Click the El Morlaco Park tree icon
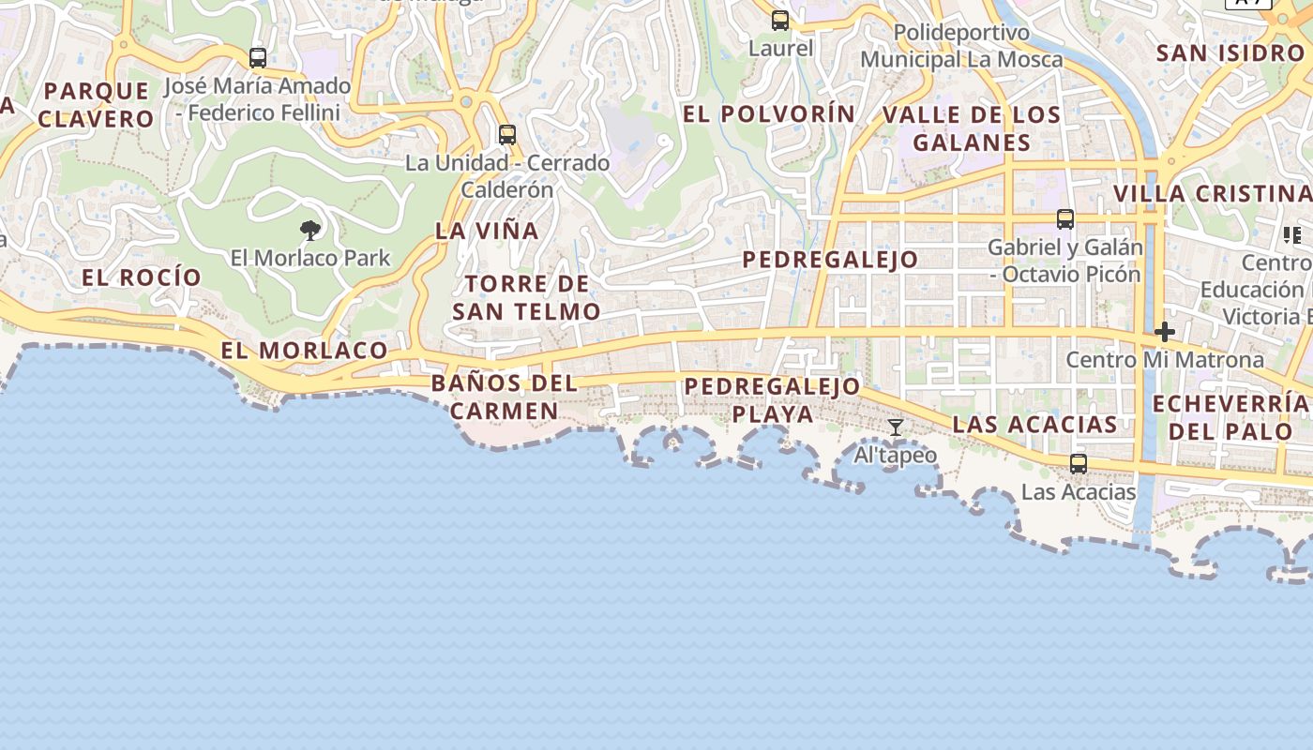click(310, 230)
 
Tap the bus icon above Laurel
click(780, 20)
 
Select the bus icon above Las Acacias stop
click(1079, 463)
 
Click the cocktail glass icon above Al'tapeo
click(896, 427)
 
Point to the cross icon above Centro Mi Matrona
click(1165, 332)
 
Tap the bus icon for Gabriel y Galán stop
click(1065, 219)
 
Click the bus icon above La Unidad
click(507, 134)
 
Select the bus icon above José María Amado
click(258, 57)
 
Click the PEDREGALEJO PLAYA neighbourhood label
click(772, 399)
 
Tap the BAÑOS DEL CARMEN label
click(504, 397)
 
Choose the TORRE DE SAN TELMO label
click(526, 297)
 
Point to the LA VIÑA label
click(487, 231)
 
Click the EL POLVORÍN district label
click(769, 114)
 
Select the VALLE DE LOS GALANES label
click(972, 128)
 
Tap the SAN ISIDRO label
click(1230, 53)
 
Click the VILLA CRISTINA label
click(1212, 194)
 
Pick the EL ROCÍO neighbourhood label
click(142, 277)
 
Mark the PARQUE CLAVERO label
click(96, 105)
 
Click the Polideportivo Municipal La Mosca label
click(961, 46)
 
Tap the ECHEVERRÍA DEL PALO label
click(1230, 417)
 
